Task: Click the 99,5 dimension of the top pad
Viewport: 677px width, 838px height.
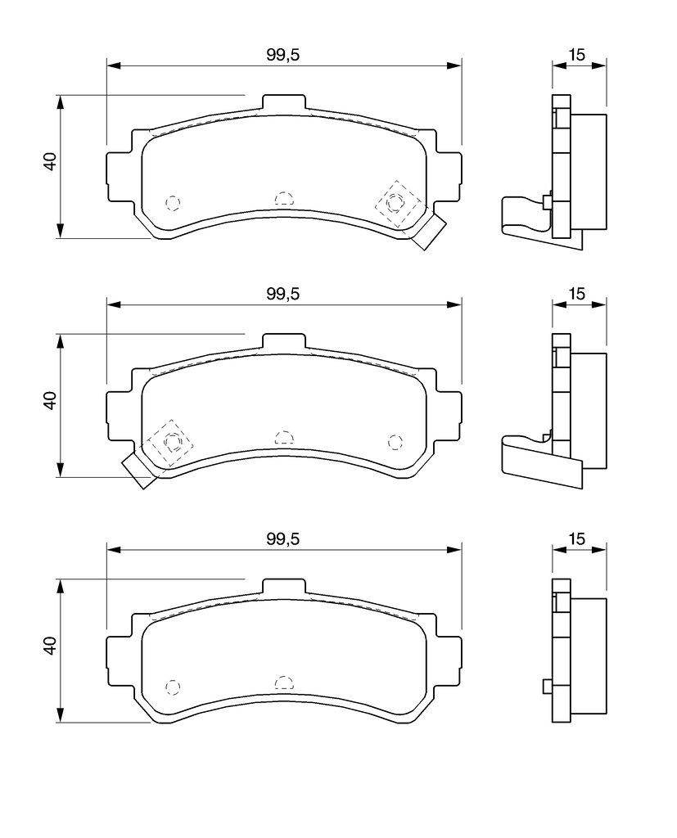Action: tap(283, 55)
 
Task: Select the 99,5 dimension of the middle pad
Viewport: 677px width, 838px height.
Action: tap(283, 294)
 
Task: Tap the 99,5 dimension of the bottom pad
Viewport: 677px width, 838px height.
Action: tap(283, 538)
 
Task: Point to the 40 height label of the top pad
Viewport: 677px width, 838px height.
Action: tap(50, 161)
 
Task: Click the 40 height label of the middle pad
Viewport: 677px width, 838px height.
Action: tap(50, 400)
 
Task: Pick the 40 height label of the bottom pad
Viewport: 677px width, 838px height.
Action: tap(50, 646)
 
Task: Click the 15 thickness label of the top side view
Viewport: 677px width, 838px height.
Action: tap(577, 55)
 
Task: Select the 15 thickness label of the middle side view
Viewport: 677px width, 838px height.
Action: tap(577, 294)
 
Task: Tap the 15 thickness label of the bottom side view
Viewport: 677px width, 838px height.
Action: tap(577, 538)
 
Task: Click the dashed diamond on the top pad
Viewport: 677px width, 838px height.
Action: tap(395, 204)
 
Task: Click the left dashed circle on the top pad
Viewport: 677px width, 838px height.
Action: tap(172, 203)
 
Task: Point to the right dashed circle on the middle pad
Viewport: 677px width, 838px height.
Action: tap(395, 442)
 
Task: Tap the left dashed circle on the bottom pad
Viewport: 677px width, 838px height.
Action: tap(172, 687)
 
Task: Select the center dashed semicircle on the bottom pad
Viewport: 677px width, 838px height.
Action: tap(284, 682)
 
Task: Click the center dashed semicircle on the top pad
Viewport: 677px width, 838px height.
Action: tap(284, 198)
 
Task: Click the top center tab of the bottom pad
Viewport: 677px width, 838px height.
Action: tap(284, 586)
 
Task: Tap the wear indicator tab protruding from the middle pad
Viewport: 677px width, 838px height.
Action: tap(138, 471)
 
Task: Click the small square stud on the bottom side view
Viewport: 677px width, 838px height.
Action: tap(547, 687)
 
